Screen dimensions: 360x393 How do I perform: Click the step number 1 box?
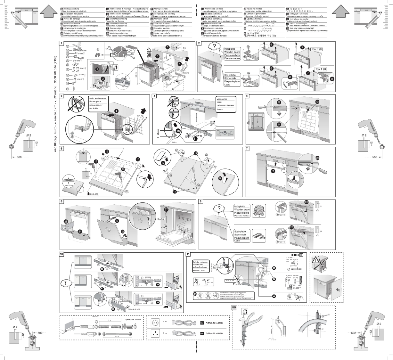click(x=60, y=44)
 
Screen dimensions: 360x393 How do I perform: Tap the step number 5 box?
click(x=247, y=96)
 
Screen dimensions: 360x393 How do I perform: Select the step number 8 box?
click(x=61, y=201)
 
